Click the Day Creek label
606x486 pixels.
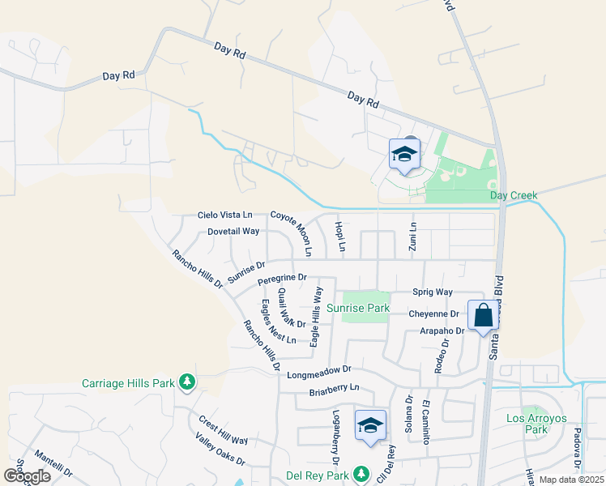coord(514,195)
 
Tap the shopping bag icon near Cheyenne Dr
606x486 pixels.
coord(483,316)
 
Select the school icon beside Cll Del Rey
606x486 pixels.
coord(370,425)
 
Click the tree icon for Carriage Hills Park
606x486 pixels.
coord(187,381)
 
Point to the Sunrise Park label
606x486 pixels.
coord(358,308)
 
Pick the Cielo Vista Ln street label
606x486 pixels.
coord(225,215)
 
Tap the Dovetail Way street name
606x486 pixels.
coord(233,231)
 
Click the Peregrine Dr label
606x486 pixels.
coord(282,279)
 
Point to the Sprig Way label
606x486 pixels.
coord(432,292)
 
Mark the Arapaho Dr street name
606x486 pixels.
coord(442,330)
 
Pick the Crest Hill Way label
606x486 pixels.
coord(224,428)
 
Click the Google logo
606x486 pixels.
coord(27,476)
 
